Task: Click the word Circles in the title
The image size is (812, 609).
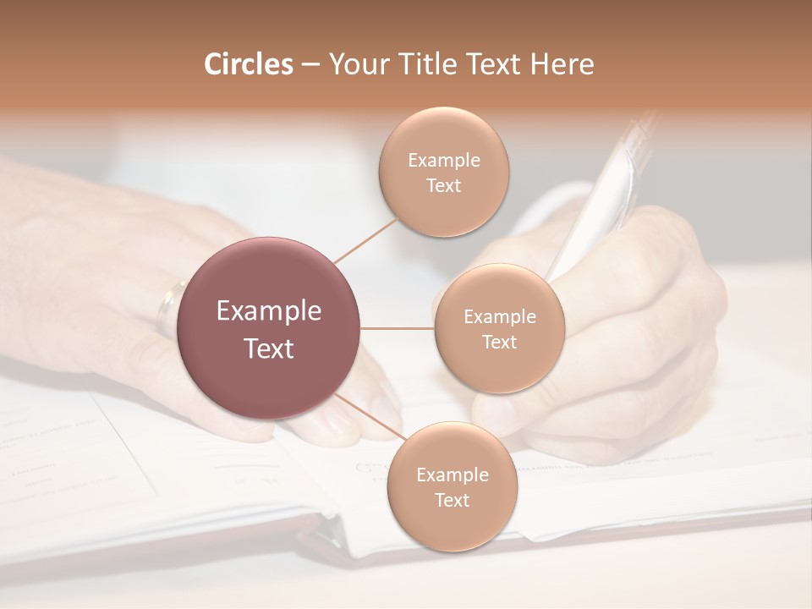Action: [x=248, y=64]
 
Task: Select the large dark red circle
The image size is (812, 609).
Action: [x=269, y=328]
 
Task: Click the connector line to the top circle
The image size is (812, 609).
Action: [x=365, y=239]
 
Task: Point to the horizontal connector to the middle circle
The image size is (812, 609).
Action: [x=398, y=328]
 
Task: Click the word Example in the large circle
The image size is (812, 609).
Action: [x=269, y=311]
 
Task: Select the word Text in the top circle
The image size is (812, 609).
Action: [x=443, y=186]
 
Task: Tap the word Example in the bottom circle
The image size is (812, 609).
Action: [x=452, y=475]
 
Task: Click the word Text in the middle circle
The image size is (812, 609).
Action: [x=499, y=343]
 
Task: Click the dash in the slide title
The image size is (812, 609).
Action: [x=310, y=64]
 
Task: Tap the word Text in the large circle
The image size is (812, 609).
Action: [x=269, y=348]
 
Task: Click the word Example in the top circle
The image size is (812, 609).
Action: [x=443, y=161]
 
